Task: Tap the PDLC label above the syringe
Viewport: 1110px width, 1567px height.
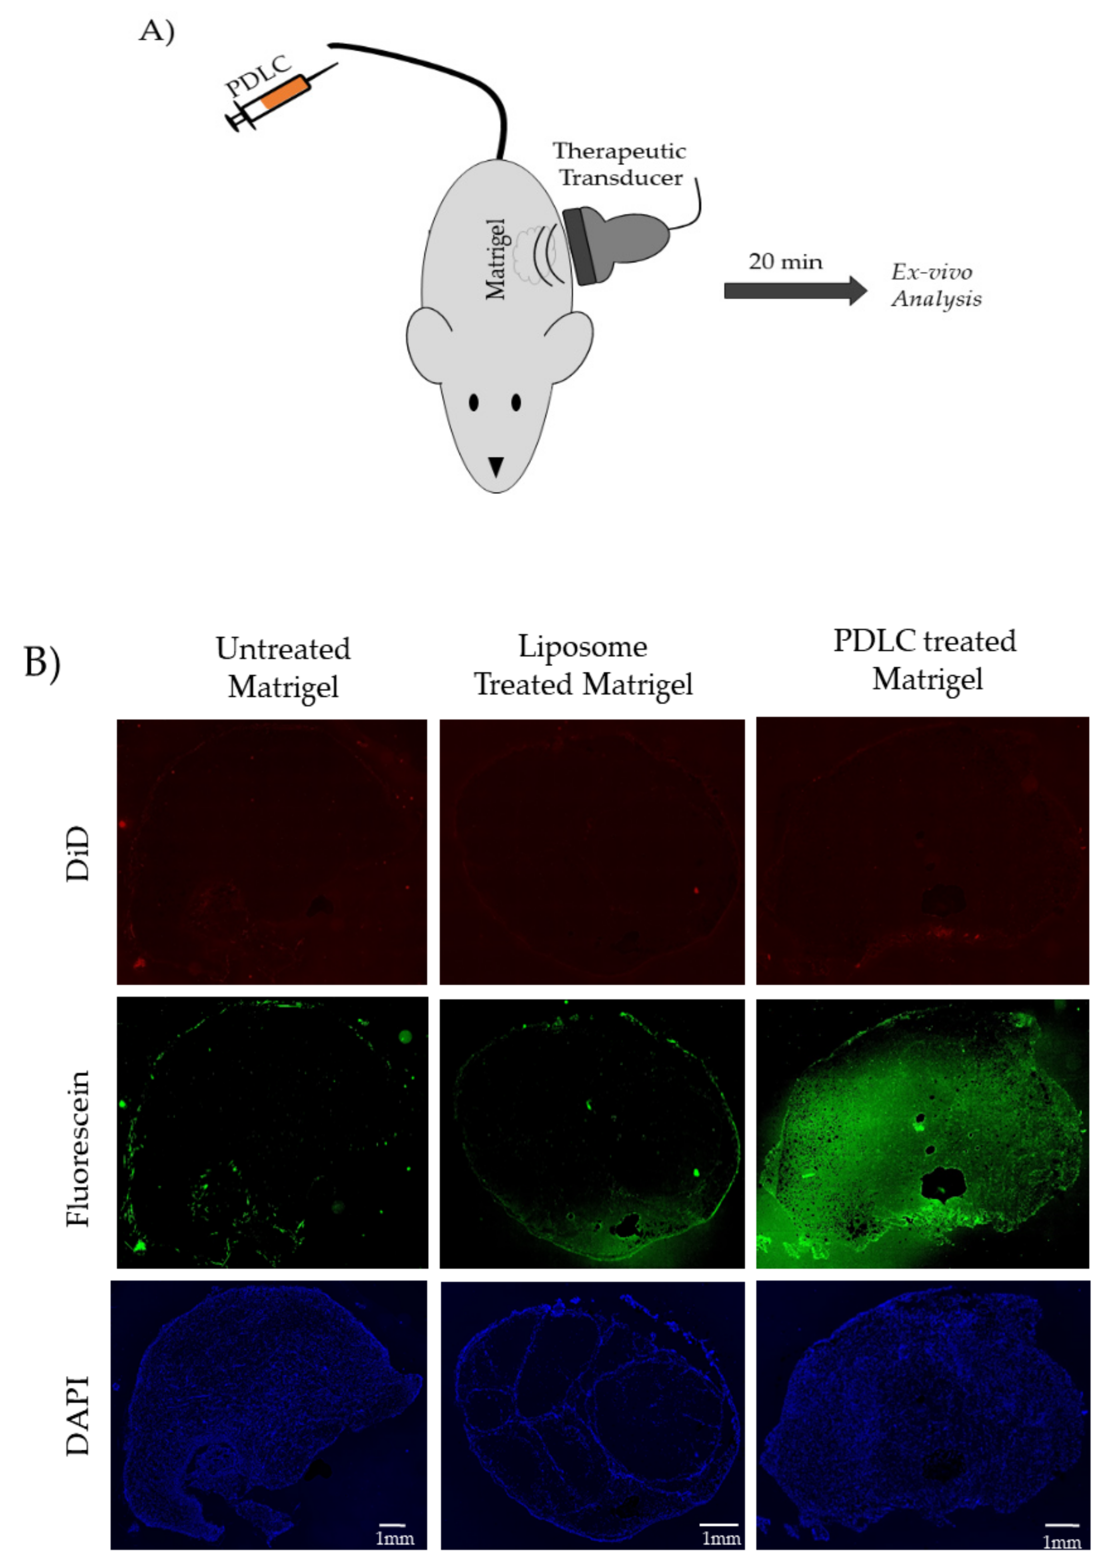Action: point(258,76)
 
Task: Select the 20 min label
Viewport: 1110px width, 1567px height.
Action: point(786,262)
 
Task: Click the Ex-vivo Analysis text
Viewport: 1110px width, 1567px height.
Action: point(936,285)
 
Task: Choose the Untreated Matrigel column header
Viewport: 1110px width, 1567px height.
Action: point(283,667)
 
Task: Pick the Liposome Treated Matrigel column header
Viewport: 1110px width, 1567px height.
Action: point(583,665)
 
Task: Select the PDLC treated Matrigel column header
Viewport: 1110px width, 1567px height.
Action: point(925,660)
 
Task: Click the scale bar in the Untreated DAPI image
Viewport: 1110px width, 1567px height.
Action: point(393,1524)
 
